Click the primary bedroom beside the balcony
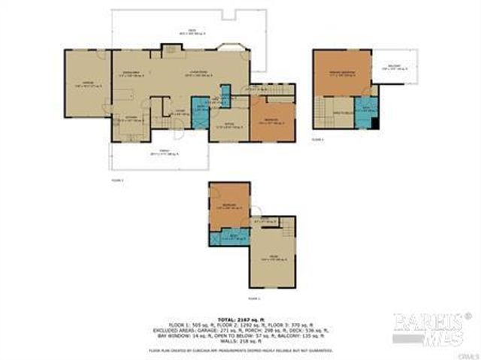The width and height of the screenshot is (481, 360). pyautogui.click(x=343, y=73)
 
